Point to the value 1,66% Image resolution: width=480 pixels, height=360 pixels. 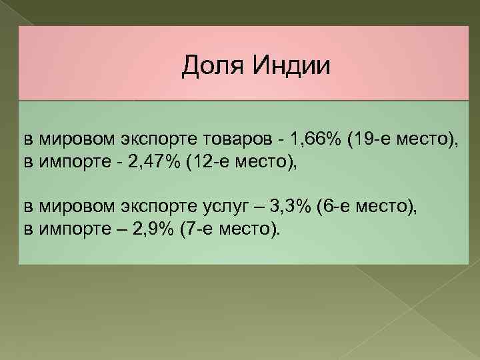pos(316,139)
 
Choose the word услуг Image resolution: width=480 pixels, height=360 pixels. pos(223,207)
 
